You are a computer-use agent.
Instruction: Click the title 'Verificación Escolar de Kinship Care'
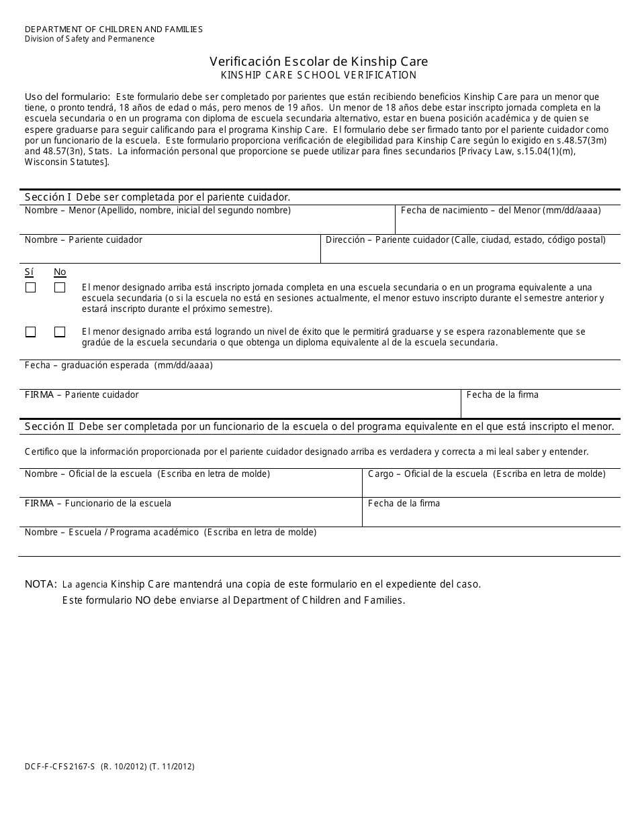pos(319,61)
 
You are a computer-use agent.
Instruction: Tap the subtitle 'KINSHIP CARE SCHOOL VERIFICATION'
pos(319,75)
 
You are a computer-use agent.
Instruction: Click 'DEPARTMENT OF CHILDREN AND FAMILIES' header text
pos(113,30)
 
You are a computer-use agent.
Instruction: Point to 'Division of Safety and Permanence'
pos(89,39)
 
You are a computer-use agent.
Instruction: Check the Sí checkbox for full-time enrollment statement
pos(30,287)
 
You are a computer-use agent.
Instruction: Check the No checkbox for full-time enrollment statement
pos(60,287)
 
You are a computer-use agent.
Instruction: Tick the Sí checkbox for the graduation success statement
pos(30,332)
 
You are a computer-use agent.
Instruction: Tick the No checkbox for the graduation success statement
pos(60,332)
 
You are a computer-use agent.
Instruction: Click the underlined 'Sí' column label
pos(29,272)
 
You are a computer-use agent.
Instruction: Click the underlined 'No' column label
pos(60,272)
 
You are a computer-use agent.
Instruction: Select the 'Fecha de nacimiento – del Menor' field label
pos(500,210)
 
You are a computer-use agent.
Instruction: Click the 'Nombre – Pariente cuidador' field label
pos(83,239)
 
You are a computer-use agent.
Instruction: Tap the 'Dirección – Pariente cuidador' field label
pos(465,239)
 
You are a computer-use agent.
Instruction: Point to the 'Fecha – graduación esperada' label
pos(118,366)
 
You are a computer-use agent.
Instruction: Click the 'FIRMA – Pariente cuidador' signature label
pos(81,394)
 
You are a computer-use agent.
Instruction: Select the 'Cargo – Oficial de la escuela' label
pos(486,474)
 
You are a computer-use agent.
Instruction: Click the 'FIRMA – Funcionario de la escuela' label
pos(97,503)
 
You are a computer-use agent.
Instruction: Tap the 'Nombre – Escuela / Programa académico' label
pos(170,532)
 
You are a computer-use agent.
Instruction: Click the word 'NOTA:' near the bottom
pos(40,584)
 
